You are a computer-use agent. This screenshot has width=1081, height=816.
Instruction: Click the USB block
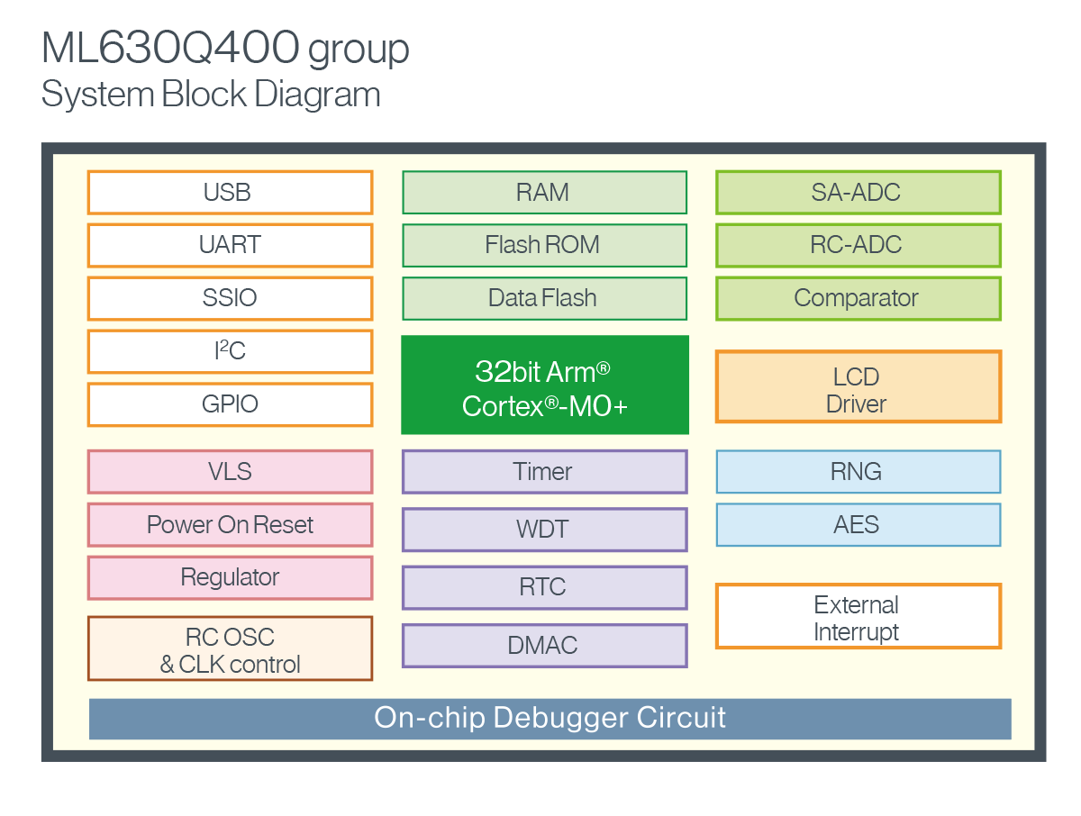click(230, 192)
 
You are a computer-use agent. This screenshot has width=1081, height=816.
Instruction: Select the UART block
click(230, 245)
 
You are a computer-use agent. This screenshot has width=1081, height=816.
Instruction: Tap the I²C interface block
click(230, 351)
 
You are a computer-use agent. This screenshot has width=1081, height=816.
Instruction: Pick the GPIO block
click(230, 404)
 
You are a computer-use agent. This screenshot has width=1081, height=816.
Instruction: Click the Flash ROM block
click(544, 245)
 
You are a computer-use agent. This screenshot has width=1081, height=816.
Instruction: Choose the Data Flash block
click(544, 298)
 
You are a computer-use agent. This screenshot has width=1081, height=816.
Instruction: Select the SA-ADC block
click(858, 192)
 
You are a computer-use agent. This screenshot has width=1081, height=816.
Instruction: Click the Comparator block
click(858, 298)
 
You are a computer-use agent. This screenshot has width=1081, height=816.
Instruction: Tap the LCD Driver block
click(858, 386)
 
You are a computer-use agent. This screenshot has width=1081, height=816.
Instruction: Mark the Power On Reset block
click(230, 524)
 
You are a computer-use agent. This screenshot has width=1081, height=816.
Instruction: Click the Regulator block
click(230, 577)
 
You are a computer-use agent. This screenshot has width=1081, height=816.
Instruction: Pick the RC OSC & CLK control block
click(230, 648)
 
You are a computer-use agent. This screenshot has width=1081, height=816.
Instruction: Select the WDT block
click(544, 530)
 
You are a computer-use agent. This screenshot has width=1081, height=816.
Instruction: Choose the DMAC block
click(544, 645)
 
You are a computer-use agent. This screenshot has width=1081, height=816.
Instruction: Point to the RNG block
click(858, 471)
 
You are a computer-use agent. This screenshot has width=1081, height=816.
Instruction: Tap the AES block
click(858, 524)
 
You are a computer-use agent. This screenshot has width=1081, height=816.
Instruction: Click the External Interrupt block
click(858, 616)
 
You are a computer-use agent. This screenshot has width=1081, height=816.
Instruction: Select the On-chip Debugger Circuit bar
click(550, 719)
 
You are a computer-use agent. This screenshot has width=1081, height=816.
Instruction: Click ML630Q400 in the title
click(170, 50)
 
